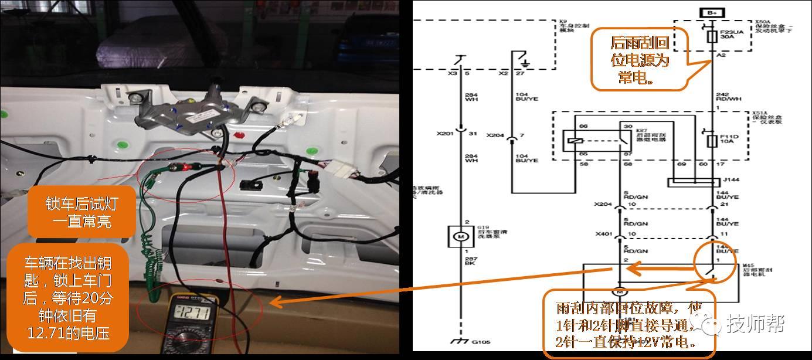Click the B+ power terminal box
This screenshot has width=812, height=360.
coord(711,12)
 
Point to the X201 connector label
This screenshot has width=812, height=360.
coord(446,134)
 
